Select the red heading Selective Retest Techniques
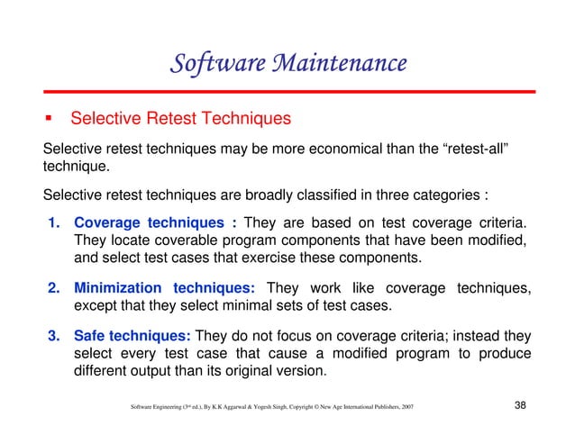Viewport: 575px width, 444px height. [x=180, y=119]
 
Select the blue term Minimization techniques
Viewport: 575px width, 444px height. [x=164, y=288]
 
